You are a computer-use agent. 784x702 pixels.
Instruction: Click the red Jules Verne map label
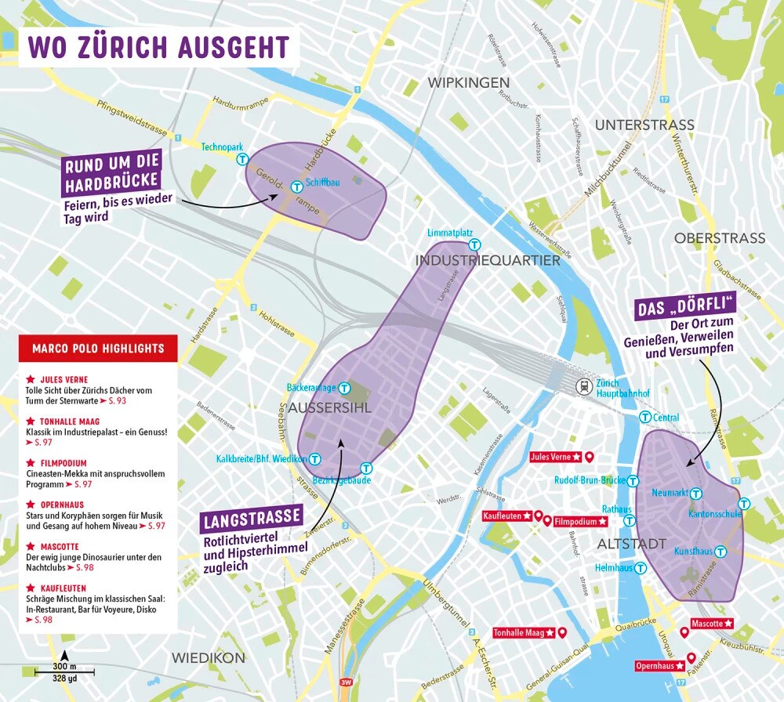click(554, 457)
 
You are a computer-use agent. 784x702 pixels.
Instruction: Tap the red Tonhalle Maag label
click(524, 632)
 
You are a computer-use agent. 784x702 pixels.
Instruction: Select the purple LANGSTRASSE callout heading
click(252, 518)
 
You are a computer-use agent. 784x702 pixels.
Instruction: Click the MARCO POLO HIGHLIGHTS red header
click(98, 348)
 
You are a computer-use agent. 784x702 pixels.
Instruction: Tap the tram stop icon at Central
click(645, 417)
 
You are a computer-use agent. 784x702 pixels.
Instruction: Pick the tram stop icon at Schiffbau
click(297, 186)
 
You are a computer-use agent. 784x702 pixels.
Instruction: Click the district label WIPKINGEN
click(469, 82)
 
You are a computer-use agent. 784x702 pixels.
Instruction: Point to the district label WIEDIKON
click(209, 657)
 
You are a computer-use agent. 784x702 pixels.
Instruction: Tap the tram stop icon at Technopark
click(243, 159)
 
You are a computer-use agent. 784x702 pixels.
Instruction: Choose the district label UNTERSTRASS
click(644, 125)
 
